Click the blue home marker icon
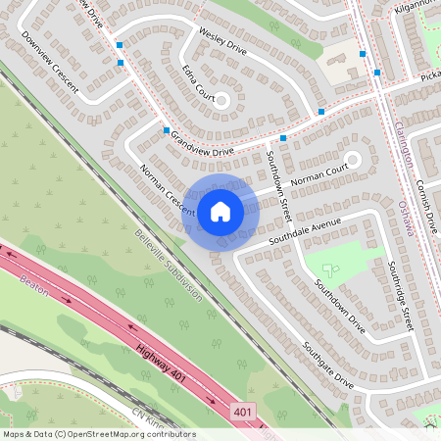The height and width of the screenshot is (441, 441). click(220, 211)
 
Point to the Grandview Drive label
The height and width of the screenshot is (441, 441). click(203, 145)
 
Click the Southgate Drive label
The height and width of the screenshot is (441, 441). click(327, 364)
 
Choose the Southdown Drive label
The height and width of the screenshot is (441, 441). click(340, 308)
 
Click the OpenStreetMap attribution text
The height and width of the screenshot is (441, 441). click(98, 434)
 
